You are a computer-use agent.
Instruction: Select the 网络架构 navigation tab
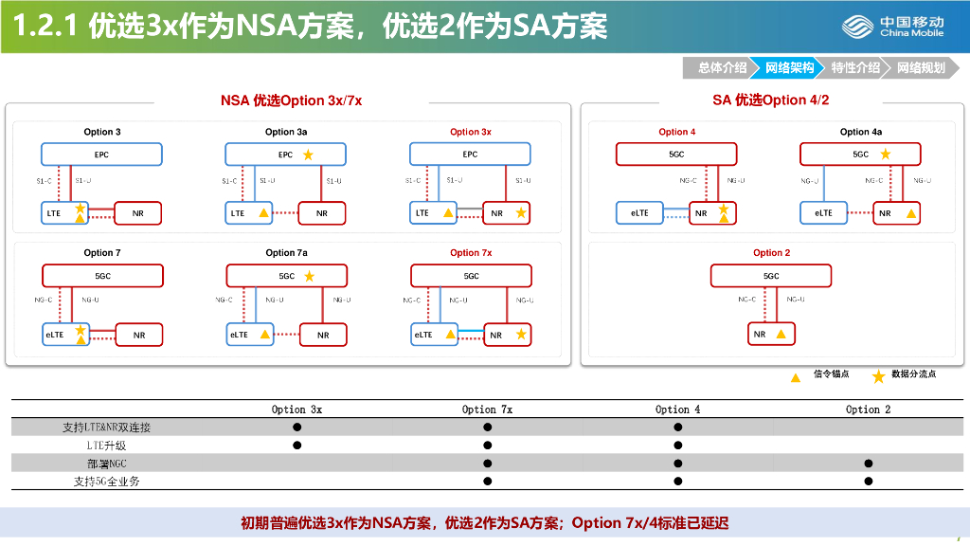tap(789, 67)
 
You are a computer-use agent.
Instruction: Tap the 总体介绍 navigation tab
tap(722, 67)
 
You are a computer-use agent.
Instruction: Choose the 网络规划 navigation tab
tap(921, 67)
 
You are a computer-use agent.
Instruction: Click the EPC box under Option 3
tap(101, 155)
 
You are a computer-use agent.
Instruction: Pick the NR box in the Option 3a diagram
tap(322, 214)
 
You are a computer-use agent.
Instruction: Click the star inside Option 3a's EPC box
tap(307, 155)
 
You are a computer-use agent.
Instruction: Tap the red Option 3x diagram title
tap(471, 132)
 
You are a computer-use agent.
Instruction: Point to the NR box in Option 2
tap(771, 335)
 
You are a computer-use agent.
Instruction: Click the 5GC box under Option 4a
tap(860, 155)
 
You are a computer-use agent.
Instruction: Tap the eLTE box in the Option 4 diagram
tap(639, 214)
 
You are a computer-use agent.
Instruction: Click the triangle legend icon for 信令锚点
tap(796, 376)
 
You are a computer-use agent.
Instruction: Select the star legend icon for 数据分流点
tap(878, 376)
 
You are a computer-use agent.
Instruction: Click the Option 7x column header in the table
tap(487, 409)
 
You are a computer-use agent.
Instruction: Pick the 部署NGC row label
tap(106, 464)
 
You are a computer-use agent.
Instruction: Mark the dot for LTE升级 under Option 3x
tap(296, 445)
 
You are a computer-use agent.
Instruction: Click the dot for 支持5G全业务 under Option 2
tap(868, 481)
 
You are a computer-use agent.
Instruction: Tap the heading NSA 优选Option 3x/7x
tap(291, 100)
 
